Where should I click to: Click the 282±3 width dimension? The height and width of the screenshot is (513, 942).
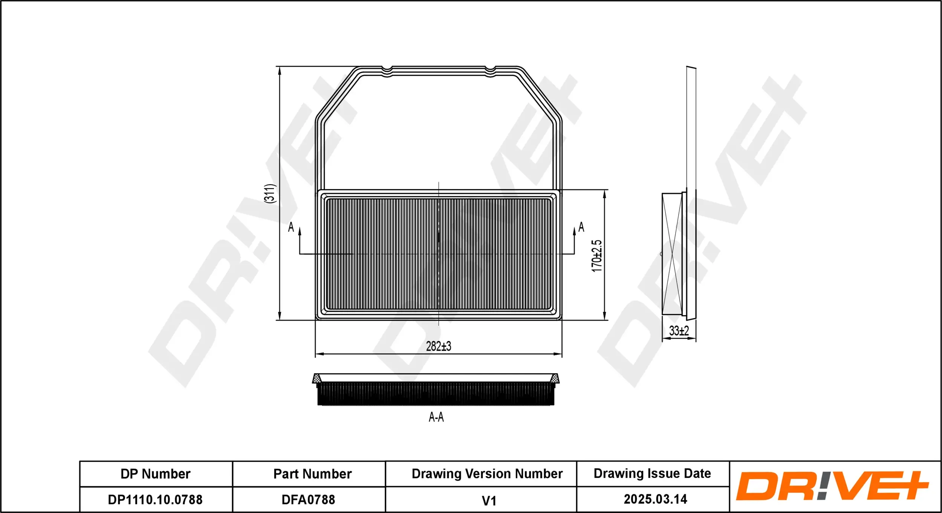point(438,346)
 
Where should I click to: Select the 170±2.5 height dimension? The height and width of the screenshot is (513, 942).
point(596,256)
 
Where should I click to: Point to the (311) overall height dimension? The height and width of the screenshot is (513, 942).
point(270,194)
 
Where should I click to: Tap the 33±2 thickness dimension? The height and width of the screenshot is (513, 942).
point(679,331)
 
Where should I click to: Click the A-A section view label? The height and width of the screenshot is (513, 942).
point(436,417)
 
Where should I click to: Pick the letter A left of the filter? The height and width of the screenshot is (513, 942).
point(291,227)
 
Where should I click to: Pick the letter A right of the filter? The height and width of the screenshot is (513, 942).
point(581,227)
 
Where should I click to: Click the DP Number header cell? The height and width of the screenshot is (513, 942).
point(156,474)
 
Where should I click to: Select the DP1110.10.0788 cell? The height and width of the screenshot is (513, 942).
point(155,500)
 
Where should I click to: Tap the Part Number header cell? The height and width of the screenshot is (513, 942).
point(312,474)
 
